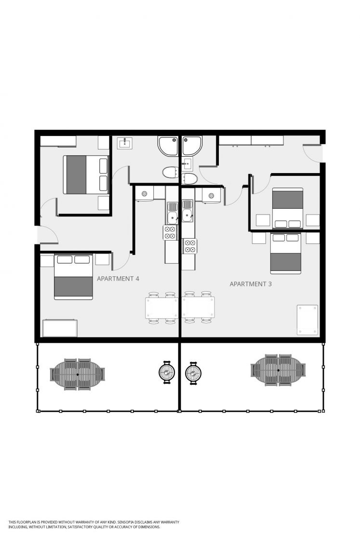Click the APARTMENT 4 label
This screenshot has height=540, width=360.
coord(118,278)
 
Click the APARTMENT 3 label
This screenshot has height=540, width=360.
coord(250,284)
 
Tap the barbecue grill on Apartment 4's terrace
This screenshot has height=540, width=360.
coord(167,372)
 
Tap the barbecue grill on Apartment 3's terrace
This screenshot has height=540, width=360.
coord(193,372)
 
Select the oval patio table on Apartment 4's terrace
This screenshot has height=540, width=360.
coord(78,374)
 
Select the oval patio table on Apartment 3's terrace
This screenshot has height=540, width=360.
coord(278,370)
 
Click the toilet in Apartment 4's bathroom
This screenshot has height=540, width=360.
coord(171,172)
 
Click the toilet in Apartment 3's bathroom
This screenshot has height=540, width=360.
coord(189,178)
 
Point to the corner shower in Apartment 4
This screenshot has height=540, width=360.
coord(168,146)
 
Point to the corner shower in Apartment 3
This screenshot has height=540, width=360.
coord(192,145)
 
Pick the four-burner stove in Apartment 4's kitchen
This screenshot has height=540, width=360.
coord(171,232)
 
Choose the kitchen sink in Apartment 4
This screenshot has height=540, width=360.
coord(172,212)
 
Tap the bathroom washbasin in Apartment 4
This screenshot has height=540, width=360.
coord(125,143)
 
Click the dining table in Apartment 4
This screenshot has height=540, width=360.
coord(161,308)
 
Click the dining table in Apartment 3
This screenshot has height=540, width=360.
coord(198,307)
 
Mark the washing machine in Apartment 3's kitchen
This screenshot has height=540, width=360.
coord(211,196)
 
